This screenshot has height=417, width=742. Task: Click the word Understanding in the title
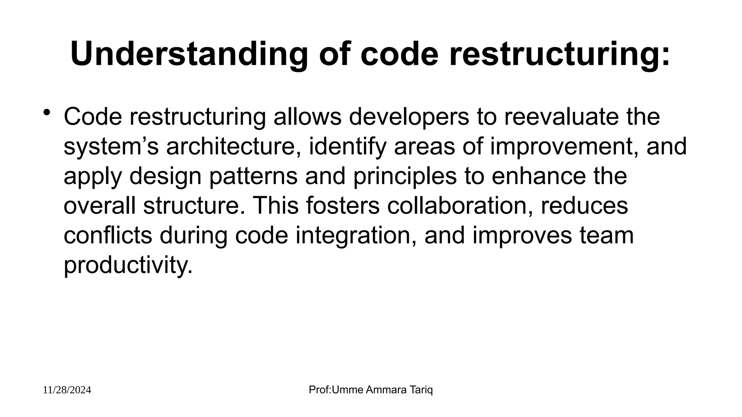pos(189,55)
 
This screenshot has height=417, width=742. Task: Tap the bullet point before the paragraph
pos(47,113)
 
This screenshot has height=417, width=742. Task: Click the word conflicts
pos(108,235)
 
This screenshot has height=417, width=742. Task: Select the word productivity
pos(128,265)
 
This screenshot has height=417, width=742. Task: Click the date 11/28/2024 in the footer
pos(67,390)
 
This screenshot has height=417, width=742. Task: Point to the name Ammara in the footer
pos(385,390)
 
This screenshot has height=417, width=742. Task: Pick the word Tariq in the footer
pos(422,390)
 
